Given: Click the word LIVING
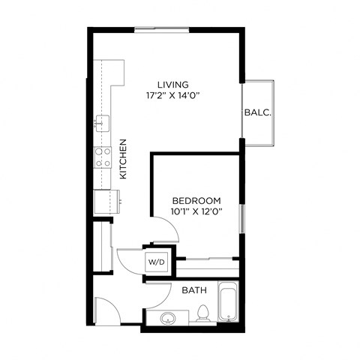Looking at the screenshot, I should pos(172,85).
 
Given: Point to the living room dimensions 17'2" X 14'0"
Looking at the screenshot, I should pos(172,96).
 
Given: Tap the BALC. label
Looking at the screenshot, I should pos(257,112).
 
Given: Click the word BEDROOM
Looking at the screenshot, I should pos(196,200).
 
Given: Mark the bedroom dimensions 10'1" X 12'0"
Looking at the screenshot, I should pos(196,211).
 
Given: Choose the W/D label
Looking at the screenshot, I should pos(156,262).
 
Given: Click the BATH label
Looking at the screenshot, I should pos(194,289).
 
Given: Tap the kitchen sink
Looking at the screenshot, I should pos(101,122).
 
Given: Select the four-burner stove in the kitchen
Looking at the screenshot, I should pos(102,157).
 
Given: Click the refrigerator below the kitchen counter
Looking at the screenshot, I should pos(105,202).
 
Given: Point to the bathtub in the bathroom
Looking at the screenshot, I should pos(228,303).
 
